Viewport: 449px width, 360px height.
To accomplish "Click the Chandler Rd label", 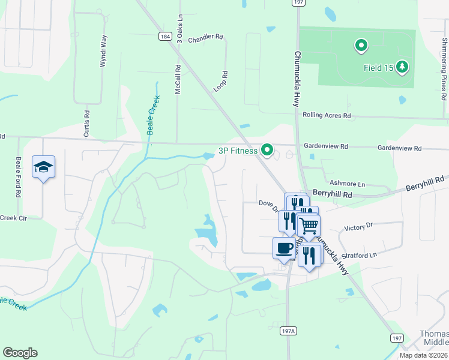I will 205,37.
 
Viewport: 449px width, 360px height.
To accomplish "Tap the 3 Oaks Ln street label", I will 179,25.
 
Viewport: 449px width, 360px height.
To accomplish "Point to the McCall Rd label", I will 178,79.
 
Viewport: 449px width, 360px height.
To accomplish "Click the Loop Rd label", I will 221,82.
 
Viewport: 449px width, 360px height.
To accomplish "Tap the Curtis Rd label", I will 87,121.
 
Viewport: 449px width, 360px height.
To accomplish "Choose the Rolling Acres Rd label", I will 327,115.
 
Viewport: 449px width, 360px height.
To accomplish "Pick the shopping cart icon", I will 309,226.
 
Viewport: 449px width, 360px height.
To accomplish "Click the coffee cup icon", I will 285,247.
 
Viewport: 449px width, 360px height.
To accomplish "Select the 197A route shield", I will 289,331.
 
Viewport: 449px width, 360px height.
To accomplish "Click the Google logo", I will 20,353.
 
